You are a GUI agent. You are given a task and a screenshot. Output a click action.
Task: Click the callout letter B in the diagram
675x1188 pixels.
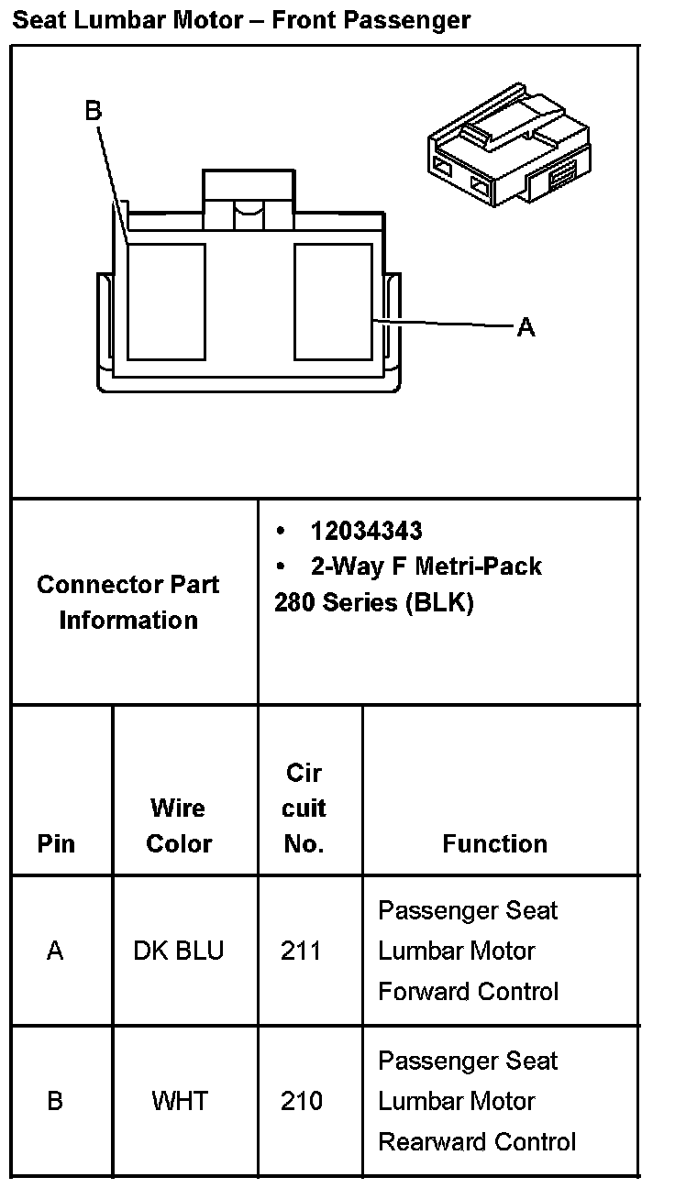pos(94,111)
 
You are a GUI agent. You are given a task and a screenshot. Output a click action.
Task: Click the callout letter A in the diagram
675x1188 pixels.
pos(526,327)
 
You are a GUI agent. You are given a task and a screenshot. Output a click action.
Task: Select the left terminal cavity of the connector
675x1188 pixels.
pos(165,302)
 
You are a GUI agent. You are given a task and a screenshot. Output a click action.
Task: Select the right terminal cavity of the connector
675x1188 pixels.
pos(333,302)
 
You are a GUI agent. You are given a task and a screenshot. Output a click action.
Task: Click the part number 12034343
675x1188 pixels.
pos(366,531)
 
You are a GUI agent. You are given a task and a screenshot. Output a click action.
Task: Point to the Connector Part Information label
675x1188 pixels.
pos(128,602)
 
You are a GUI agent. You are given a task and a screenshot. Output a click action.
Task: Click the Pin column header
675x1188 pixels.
pos(56,843)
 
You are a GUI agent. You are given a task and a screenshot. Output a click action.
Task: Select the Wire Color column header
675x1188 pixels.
pos(179,826)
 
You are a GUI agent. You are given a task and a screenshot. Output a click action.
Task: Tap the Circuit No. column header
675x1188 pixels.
pos(304,808)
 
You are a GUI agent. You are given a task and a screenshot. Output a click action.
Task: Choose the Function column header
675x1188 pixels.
pos(494,843)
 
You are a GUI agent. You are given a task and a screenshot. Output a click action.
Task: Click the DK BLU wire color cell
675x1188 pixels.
pos(178,951)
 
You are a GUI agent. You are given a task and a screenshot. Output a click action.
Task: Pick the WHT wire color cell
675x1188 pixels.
pos(180,1100)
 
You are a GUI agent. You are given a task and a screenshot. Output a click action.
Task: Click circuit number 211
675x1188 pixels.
pos(302,951)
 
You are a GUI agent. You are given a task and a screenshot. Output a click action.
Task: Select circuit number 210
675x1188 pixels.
pos(302,1100)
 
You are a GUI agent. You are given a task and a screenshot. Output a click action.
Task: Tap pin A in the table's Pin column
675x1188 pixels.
pos(55,951)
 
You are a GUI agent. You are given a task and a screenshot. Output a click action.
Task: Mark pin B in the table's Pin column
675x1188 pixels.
pos(55,1100)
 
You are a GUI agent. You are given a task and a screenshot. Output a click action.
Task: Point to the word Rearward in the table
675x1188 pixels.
pos(426,1141)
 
